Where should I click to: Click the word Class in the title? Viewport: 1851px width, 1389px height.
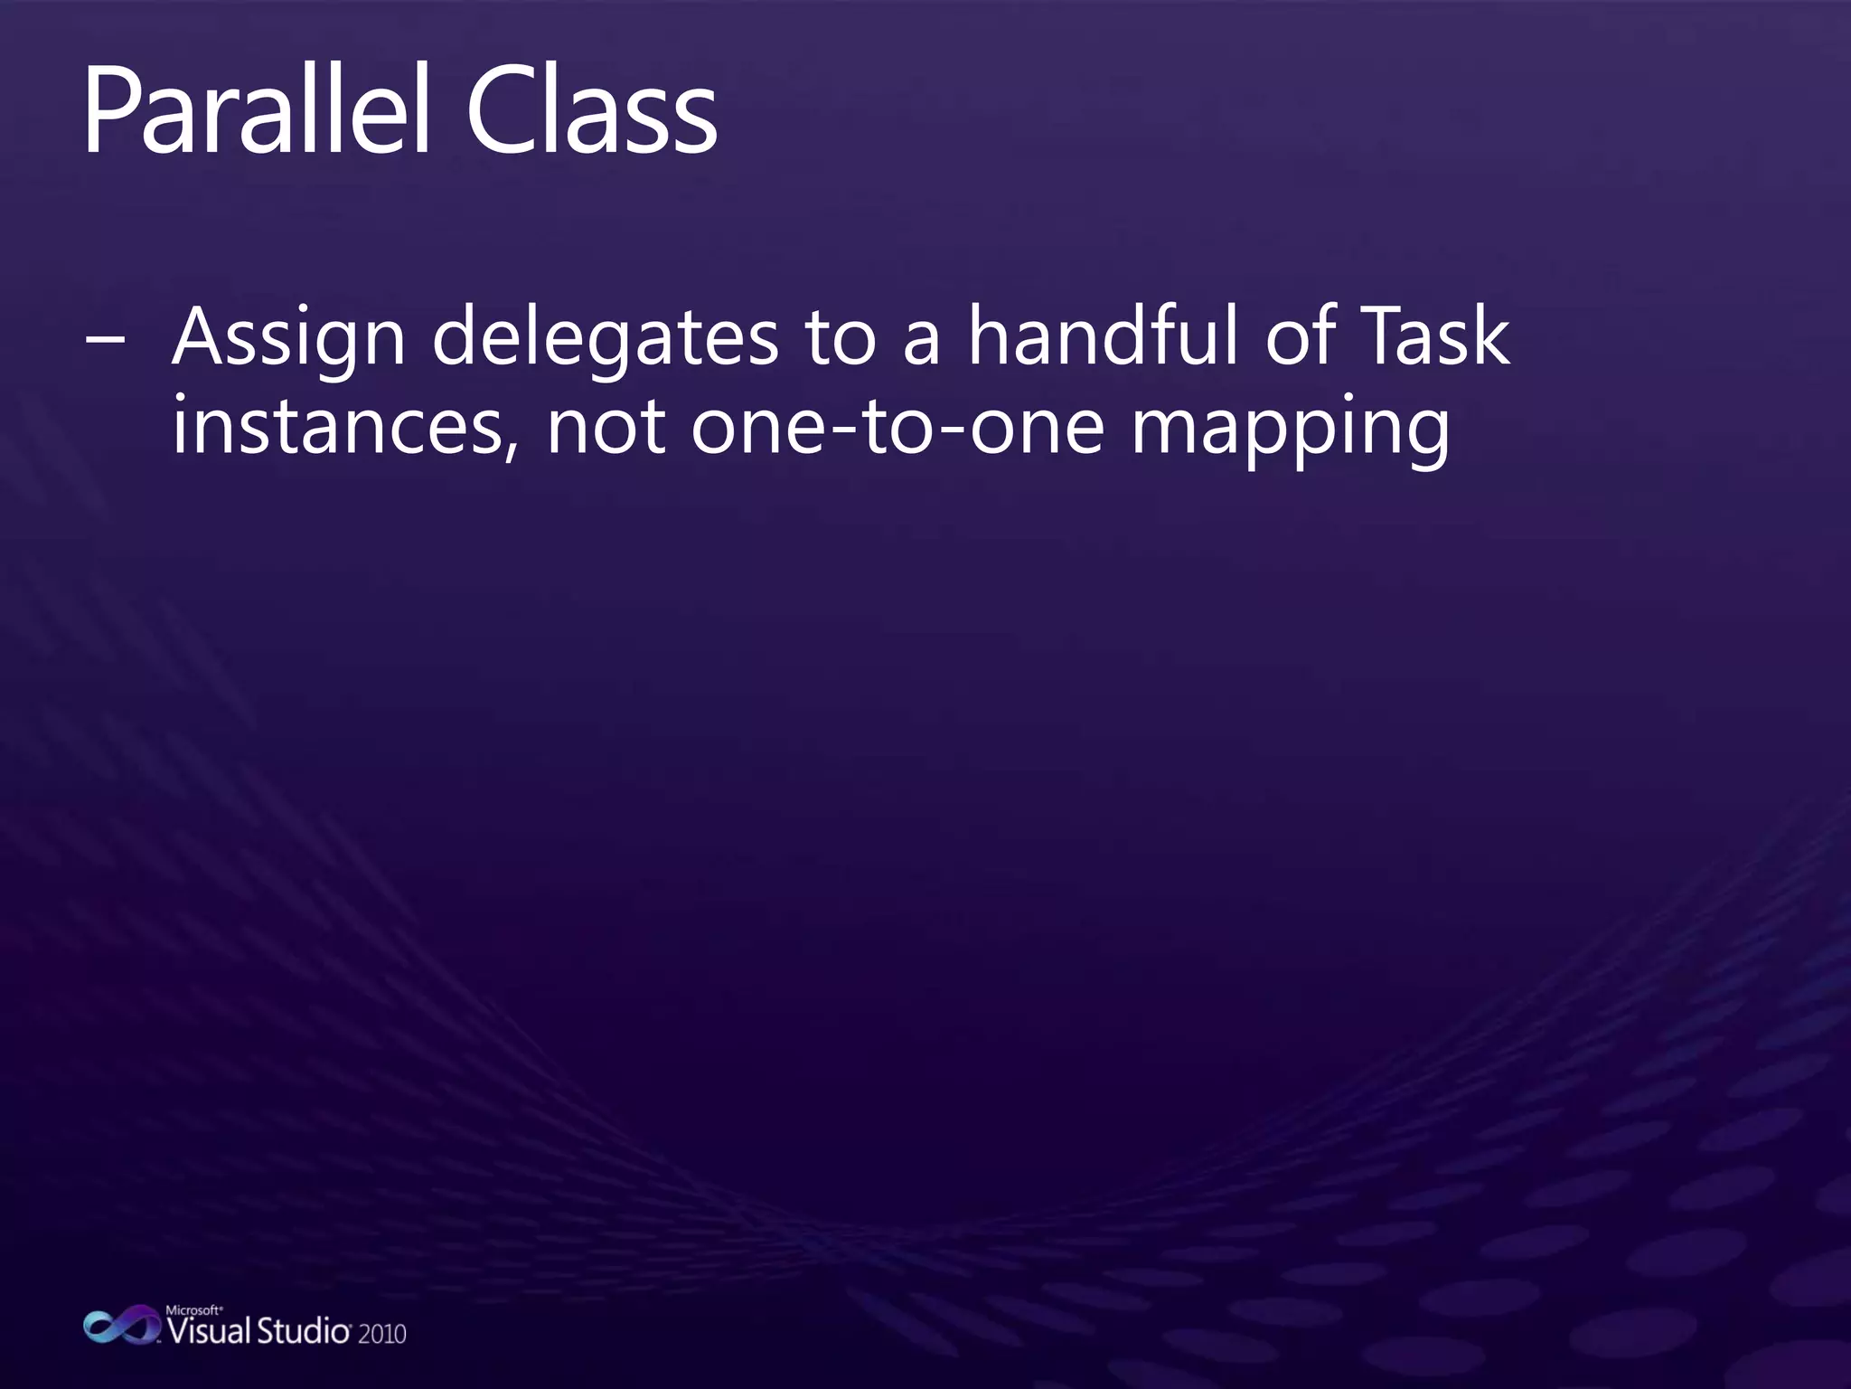[x=591, y=113]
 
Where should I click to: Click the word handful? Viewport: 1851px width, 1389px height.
[x=1106, y=336]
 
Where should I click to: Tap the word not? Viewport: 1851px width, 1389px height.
[x=606, y=427]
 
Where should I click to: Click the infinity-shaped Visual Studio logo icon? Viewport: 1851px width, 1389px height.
[x=121, y=1326]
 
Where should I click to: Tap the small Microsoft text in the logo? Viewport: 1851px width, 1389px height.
[x=193, y=1309]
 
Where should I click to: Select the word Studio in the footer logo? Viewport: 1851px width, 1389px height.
[x=304, y=1331]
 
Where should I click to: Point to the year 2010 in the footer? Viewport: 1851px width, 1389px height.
[x=382, y=1334]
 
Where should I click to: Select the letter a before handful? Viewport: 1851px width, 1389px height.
[x=922, y=344]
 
